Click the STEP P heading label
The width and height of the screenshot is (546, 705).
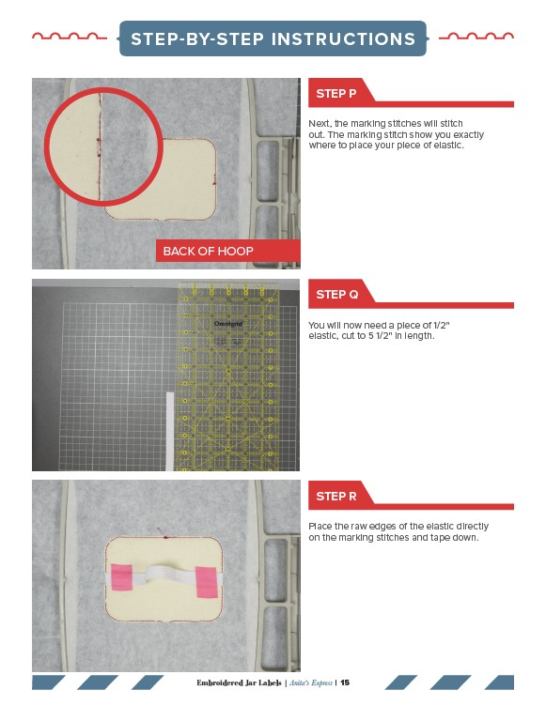[x=335, y=94]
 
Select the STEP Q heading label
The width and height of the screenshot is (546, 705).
[x=336, y=295]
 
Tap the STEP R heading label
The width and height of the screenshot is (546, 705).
[x=335, y=497]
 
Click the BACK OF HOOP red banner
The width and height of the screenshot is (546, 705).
[x=227, y=251]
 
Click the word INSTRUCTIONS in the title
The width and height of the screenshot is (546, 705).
[x=343, y=38]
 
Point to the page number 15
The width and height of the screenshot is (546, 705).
[x=345, y=682]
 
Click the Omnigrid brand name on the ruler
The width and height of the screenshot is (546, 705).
[x=228, y=324]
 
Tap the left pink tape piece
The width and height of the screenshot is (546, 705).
[x=121, y=576]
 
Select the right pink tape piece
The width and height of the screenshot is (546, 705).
[x=207, y=582]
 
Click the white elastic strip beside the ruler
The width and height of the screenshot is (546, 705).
[x=170, y=431]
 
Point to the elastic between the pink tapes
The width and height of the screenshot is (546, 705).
[x=163, y=575]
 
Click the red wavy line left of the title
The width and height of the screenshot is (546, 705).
[x=70, y=37]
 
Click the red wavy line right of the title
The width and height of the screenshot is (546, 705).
[x=476, y=37]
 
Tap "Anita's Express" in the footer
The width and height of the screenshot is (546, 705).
[x=310, y=682]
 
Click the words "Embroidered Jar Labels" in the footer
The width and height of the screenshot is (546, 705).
[x=239, y=682]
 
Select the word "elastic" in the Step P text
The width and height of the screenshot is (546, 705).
[x=448, y=146]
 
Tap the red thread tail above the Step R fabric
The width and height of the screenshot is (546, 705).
[x=162, y=533]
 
